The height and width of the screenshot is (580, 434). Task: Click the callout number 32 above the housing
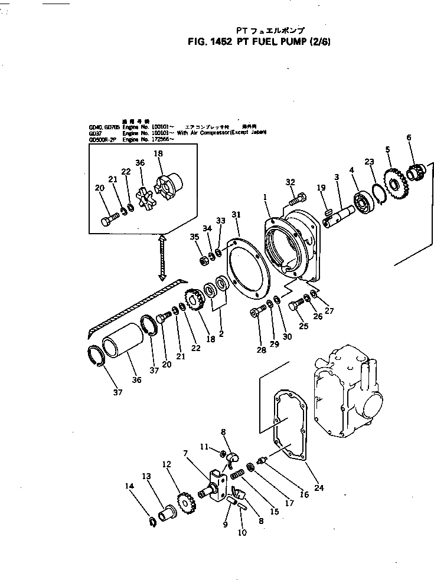[290, 182]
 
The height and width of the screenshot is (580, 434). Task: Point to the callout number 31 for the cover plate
[236, 214]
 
